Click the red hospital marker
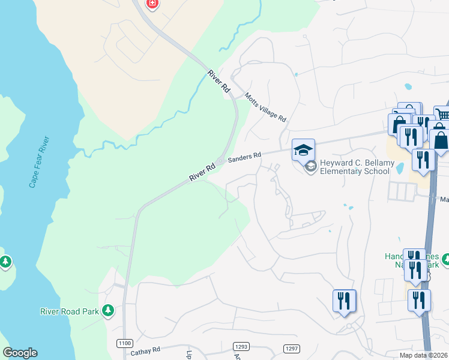(x=152, y=4)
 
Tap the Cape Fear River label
(x=39, y=162)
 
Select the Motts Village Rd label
(x=265, y=107)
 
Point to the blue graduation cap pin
(x=303, y=149)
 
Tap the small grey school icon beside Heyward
(x=310, y=167)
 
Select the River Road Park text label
(x=70, y=311)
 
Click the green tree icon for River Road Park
(x=108, y=310)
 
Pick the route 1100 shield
(x=125, y=343)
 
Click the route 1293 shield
(x=241, y=346)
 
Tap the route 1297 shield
(x=291, y=349)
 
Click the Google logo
(x=20, y=353)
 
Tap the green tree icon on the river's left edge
(x=5, y=262)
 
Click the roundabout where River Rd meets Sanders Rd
(x=221, y=161)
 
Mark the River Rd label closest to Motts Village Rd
(x=219, y=81)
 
